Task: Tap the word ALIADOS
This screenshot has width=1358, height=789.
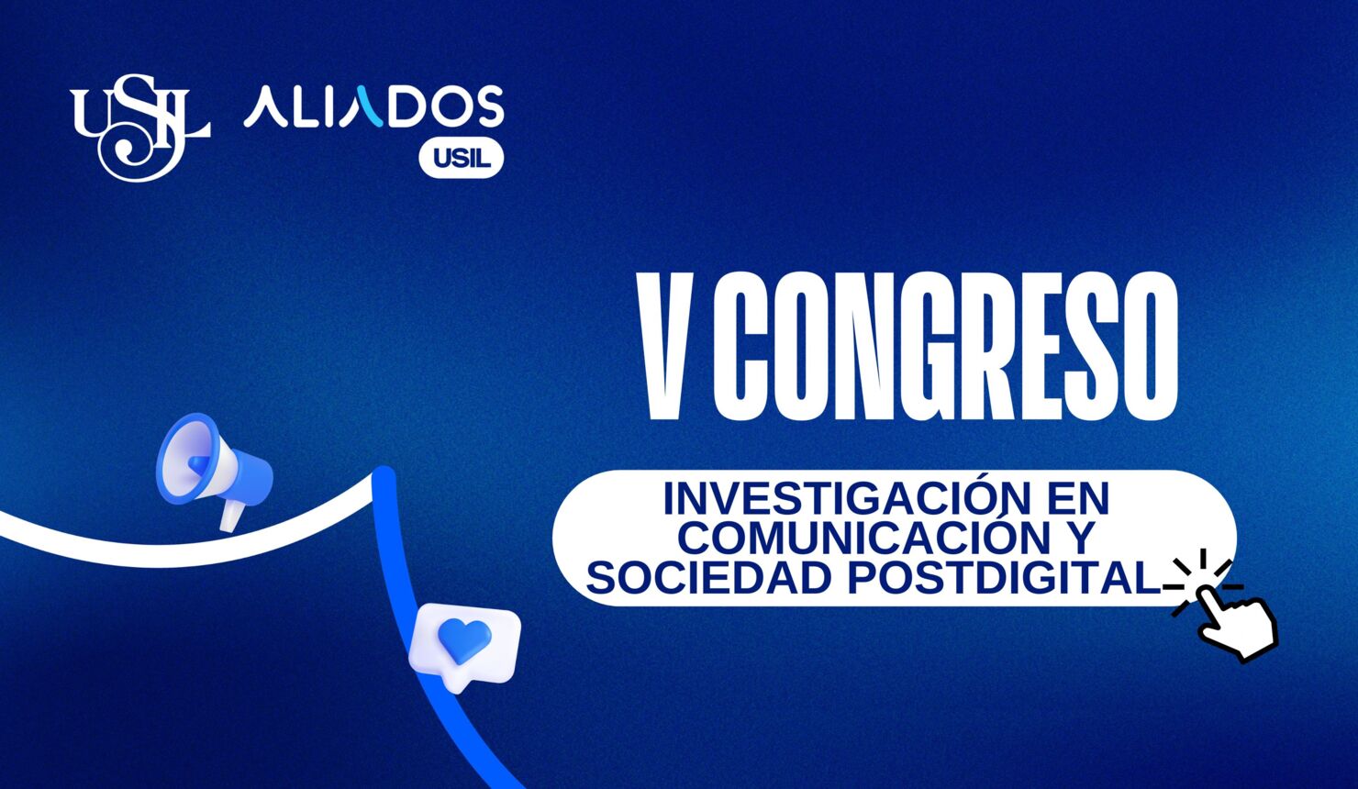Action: [x=373, y=107]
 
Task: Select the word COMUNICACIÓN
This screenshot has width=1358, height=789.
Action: [x=853, y=539]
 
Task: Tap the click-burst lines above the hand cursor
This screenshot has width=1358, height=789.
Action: [x=1205, y=569]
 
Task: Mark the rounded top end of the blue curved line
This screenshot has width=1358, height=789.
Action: [x=384, y=477]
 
